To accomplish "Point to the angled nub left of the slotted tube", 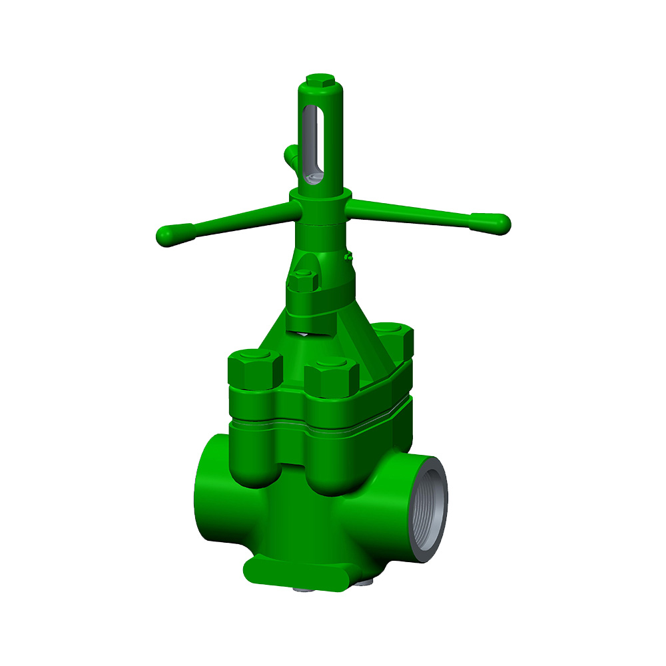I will pyautogui.click(x=290, y=156).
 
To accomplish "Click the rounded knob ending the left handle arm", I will pyautogui.click(x=168, y=235).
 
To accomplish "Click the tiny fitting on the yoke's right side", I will pyautogui.click(x=347, y=256).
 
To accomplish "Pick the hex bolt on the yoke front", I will pyautogui.click(x=303, y=281).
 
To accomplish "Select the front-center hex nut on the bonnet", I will pyautogui.click(x=332, y=378).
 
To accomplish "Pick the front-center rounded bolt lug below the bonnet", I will pyautogui.click(x=329, y=470).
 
